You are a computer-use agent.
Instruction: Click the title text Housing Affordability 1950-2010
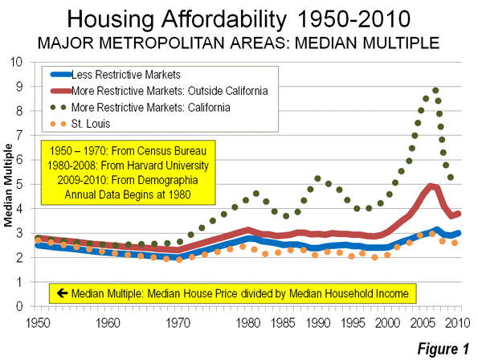[239, 18]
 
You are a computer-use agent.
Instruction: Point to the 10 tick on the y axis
[27, 62]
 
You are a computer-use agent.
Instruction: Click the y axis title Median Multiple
[10, 184]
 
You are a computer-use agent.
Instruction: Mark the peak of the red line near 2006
[432, 186]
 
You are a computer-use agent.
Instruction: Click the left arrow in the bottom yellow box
[59, 293]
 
